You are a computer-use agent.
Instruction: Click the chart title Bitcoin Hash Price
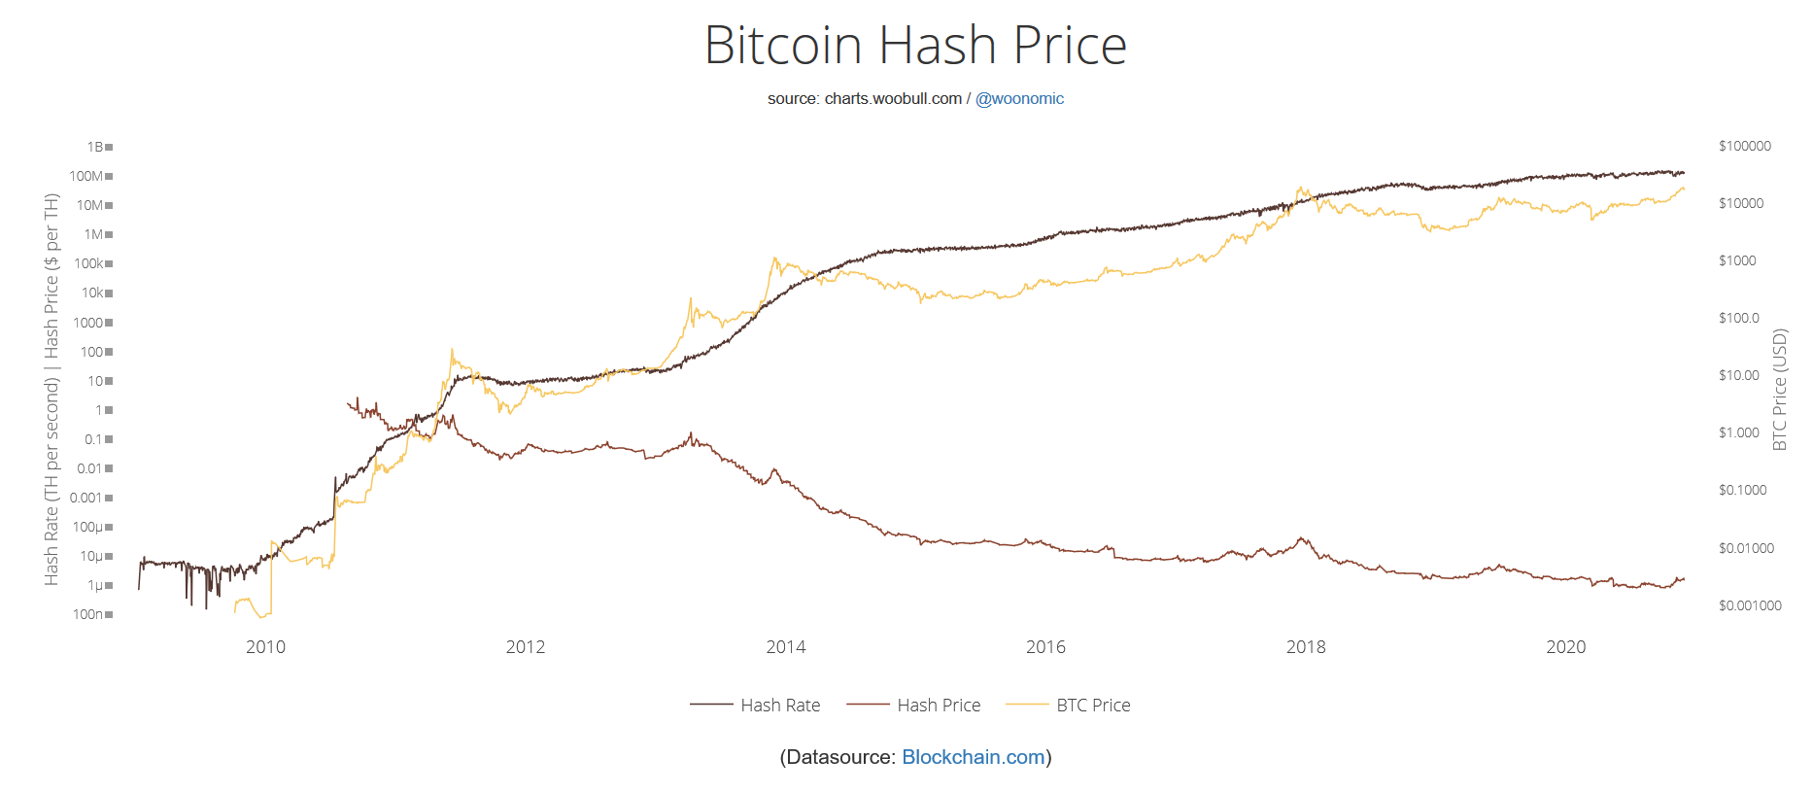(x=915, y=46)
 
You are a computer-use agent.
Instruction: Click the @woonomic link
(x=1019, y=99)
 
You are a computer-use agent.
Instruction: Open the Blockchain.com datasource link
(x=973, y=757)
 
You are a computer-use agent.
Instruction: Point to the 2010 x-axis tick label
(x=265, y=647)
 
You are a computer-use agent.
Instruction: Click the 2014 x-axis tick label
(x=785, y=647)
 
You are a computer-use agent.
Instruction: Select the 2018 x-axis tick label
(x=1305, y=647)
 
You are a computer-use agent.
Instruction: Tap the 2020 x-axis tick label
(x=1565, y=647)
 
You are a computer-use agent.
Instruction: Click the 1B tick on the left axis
(x=95, y=147)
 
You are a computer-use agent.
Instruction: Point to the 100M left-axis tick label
(x=86, y=176)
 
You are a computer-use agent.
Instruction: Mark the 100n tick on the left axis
(x=88, y=614)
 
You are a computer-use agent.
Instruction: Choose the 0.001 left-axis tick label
(x=86, y=498)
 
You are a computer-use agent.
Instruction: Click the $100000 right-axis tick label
(x=1744, y=146)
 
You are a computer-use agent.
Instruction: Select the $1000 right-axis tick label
(x=1737, y=260)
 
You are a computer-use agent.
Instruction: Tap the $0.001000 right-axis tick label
(x=1750, y=605)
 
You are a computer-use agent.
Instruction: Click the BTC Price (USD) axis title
(x=1780, y=389)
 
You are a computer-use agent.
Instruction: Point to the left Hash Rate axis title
(x=51, y=389)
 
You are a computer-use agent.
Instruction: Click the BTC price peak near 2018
(x=1300, y=189)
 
